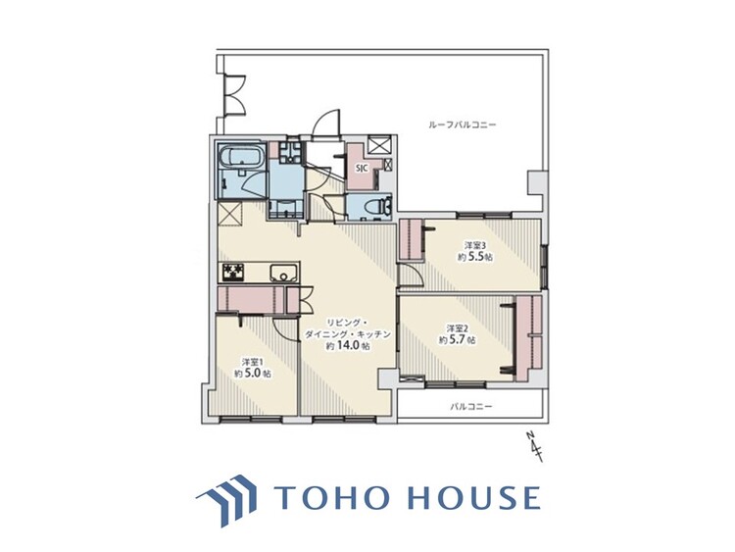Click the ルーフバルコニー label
click(463, 125)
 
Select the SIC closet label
click(362, 167)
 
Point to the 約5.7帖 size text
click(457, 340)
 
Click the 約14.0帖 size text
click(348, 346)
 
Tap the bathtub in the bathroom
click(241, 156)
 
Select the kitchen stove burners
click(233, 272)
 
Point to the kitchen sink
click(283, 272)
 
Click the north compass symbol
click(534, 447)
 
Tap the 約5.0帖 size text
click(252, 374)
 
